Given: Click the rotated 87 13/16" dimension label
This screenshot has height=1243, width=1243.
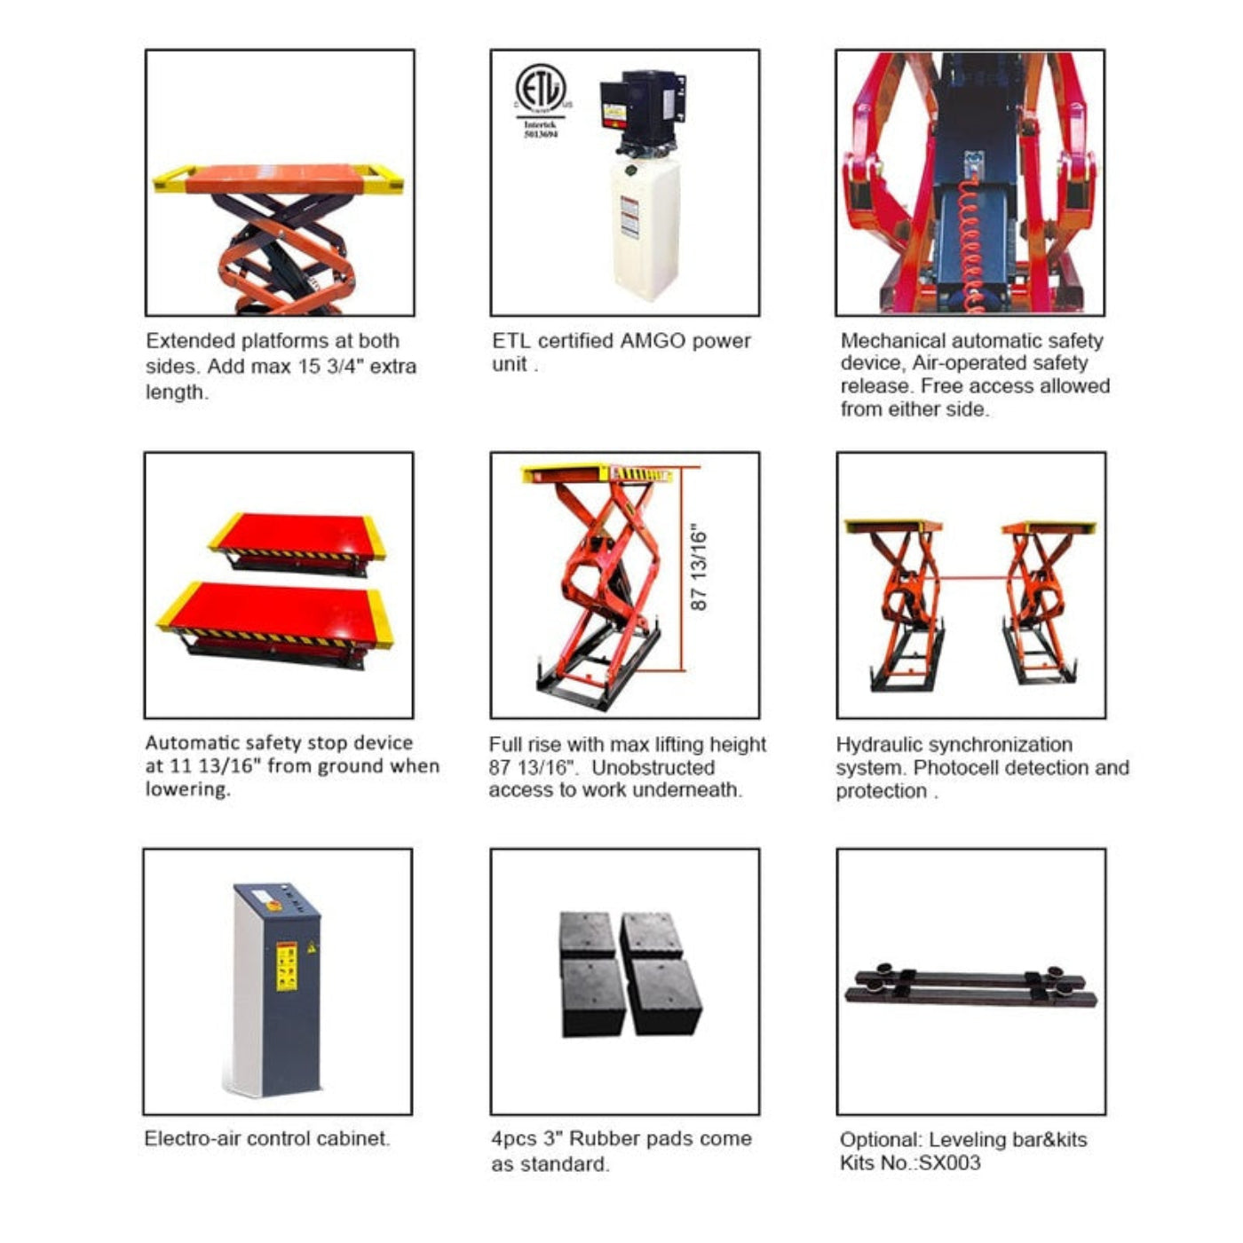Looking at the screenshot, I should pyautogui.click(x=700, y=570).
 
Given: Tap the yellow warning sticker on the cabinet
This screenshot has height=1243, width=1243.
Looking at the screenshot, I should pyautogui.click(x=287, y=965).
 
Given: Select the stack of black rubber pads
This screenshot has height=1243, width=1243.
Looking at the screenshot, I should pyautogui.click(x=629, y=973).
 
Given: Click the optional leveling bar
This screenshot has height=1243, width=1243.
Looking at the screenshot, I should pyautogui.click(x=970, y=986).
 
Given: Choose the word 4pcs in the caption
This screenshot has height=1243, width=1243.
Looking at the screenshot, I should pyautogui.click(x=513, y=1139).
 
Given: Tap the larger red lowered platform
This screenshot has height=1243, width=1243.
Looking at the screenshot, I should pyautogui.click(x=275, y=614).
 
